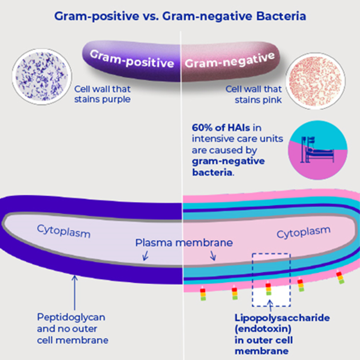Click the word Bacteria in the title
coord(280,16)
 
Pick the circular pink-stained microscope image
coord(315,80)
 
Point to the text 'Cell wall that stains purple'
coord(103,94)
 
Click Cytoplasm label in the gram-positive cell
coord(64,231)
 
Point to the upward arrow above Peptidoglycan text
coord(74,289)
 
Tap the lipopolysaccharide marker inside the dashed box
coord(268,289)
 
